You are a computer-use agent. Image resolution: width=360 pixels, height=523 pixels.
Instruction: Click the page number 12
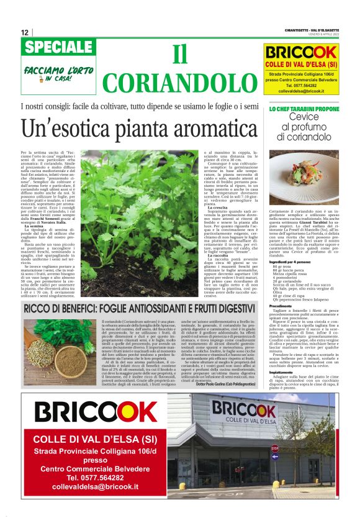click(25, 33)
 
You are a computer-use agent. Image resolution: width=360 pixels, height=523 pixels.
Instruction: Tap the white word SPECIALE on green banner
click(60, 48)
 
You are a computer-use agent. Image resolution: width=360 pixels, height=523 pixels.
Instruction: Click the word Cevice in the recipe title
click(304, 117)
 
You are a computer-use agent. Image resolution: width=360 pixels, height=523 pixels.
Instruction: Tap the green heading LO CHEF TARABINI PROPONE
click(304, 109)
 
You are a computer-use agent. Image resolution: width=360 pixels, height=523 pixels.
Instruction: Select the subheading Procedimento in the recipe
click(281, 306)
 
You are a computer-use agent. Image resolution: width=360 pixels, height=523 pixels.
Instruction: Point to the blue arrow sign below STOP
click(274, 458)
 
